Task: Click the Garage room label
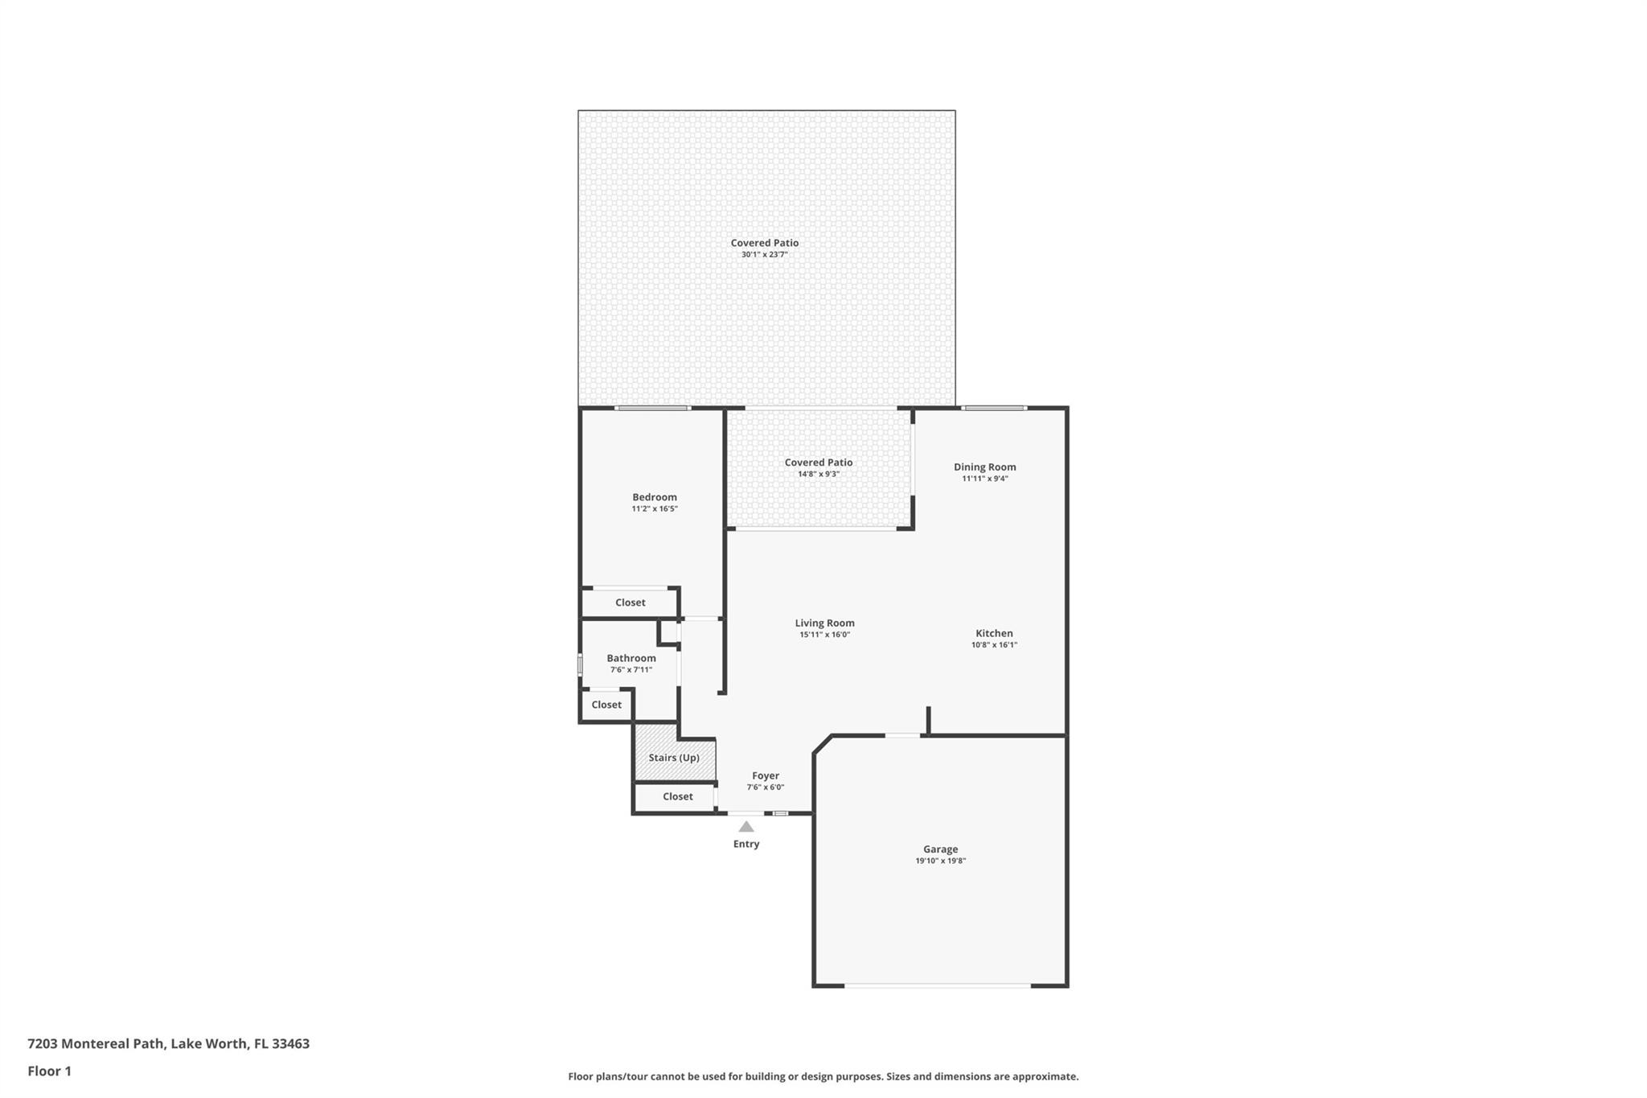coord(940,849)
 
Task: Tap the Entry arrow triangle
coord(746,827)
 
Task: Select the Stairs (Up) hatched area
coord(674,757)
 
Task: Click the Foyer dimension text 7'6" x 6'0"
coord(765,788)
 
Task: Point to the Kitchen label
coord(994,633)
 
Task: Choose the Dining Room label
coord(984,467)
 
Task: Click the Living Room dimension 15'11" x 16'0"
coord(824,635)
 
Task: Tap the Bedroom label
coord(654,497)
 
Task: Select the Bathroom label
coord(630,658)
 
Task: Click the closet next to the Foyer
coord(677,796)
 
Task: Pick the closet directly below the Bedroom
coord(630,602)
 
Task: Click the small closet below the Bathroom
coord(606,705)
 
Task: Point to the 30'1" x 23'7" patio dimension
coord(764,255)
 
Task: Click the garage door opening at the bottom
coord(937,985)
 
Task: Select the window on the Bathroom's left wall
coord(580,665)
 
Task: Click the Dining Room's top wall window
coord(994,408)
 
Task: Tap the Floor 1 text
coord(50,1071)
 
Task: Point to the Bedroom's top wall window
coord(652,408)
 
